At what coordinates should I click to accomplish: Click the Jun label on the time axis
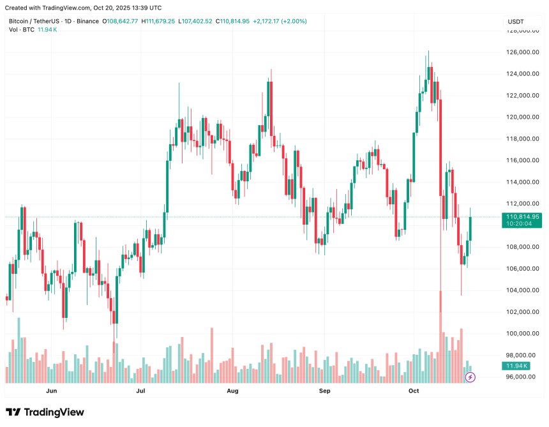52,390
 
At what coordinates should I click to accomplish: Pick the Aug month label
232,390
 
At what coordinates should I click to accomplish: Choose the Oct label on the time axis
413,390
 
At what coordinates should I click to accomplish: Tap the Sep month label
324,390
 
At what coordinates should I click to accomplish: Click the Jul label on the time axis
140,390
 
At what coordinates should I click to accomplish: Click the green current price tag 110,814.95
523,217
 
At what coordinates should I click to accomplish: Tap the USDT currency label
515,22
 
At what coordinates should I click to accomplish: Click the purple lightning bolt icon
470,377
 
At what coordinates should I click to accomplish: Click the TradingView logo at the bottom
45,412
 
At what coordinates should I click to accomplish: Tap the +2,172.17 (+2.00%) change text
280,21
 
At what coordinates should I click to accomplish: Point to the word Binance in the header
86,21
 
